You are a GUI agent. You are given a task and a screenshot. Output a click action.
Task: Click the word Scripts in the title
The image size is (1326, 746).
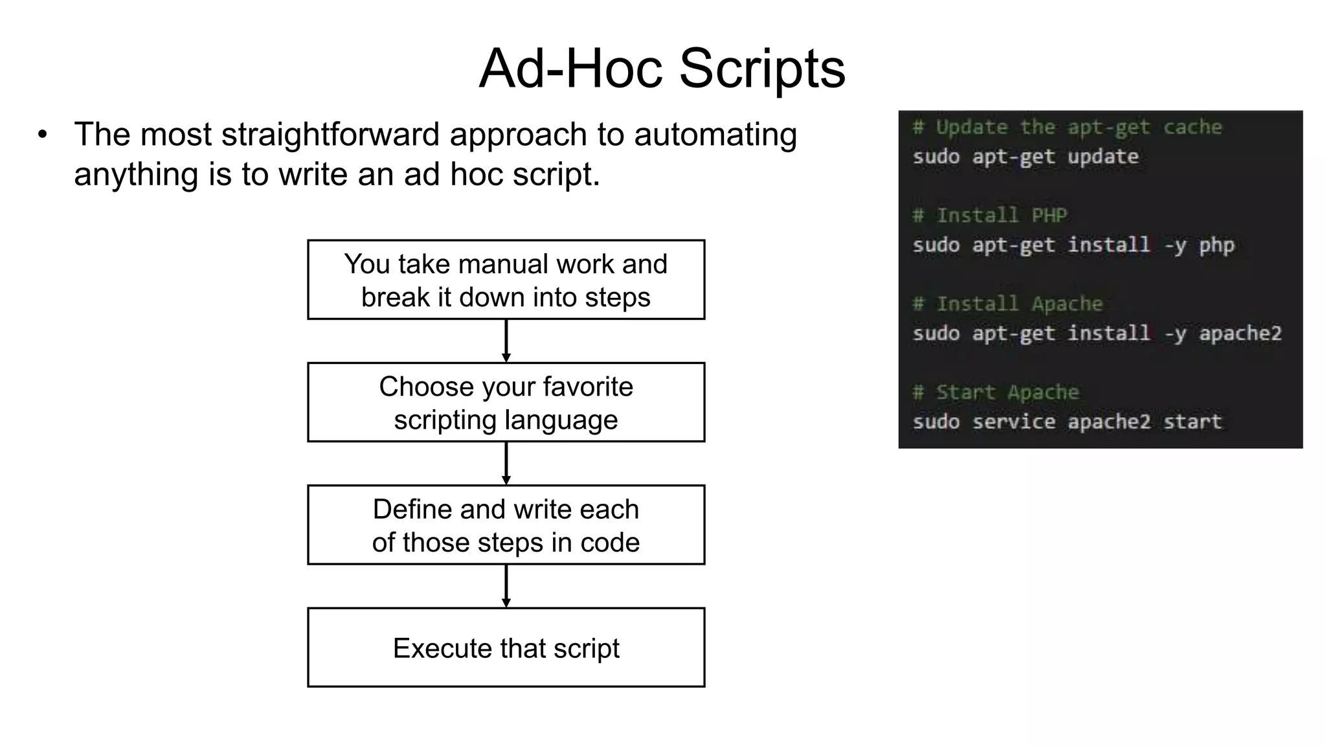tap(761, 69)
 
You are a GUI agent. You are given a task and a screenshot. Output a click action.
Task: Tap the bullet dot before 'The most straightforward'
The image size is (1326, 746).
tap(43, 135)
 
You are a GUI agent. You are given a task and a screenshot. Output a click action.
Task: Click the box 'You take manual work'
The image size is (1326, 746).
tap(506, 280)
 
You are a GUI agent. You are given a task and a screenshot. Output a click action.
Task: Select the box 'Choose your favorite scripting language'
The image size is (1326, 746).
tap(506, 402)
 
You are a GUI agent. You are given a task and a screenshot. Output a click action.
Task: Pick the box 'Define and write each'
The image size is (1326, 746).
tap(506, 525)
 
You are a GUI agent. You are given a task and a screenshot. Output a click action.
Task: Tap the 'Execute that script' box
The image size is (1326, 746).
tap(506, 647)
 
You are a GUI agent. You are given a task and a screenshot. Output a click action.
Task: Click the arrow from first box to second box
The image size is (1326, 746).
tap(506, 341)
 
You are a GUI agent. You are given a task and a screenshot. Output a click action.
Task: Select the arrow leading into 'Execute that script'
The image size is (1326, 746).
tap(506, 585)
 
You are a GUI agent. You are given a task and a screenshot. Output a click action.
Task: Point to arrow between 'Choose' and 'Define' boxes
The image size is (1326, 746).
tap(506, 463)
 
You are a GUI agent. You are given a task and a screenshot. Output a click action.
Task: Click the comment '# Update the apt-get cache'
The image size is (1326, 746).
tap(1066, 127)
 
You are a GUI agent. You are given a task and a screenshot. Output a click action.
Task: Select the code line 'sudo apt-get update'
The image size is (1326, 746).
tap(1025, 157)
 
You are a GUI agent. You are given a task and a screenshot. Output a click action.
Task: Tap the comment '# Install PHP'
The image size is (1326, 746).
tap(989, 215)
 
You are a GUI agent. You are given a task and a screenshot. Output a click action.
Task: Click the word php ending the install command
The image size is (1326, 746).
tap(1216, 245)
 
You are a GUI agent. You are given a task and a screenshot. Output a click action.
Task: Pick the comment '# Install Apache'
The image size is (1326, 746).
tap(1007, 304)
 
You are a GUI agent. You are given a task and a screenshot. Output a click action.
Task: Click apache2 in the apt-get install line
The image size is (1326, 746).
tap(1239, 333)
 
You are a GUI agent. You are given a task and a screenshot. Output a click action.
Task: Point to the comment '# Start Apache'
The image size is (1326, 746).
tap(995, 392)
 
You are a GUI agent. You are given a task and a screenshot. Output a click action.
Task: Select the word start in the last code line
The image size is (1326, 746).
tap(1192, 422)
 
